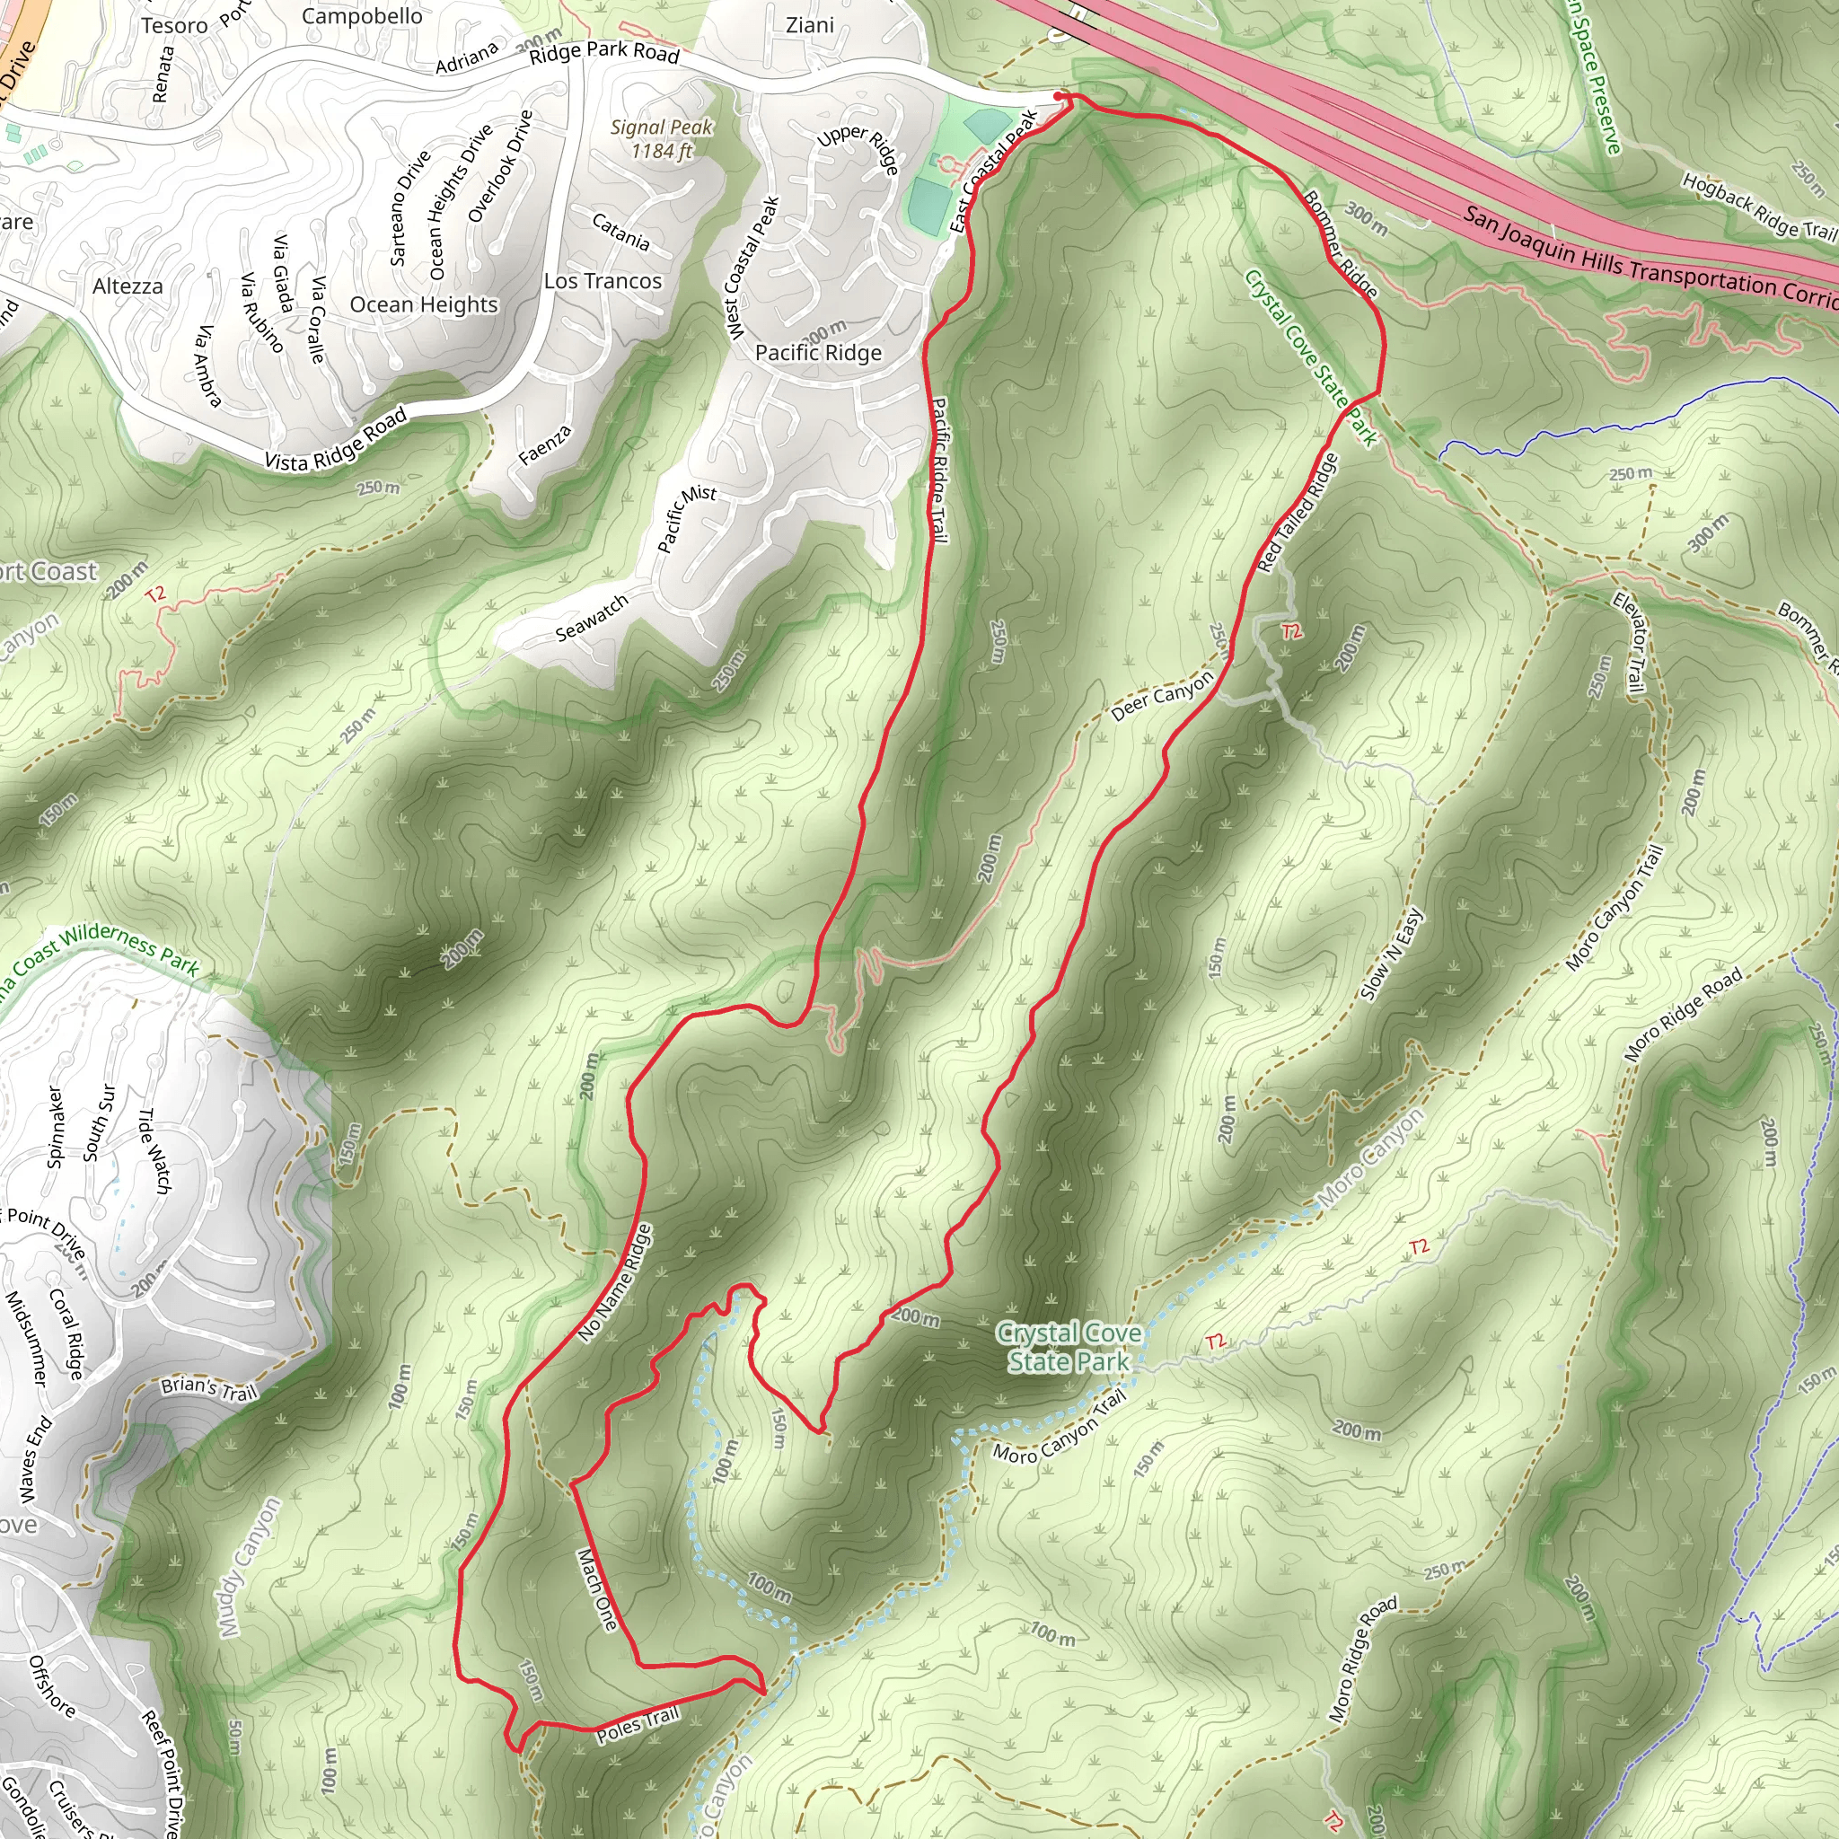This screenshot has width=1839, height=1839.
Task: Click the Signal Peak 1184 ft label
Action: (661, 139)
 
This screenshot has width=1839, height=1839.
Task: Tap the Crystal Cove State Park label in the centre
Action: (1069, 1347)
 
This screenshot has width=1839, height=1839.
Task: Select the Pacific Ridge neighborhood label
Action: (818, 353)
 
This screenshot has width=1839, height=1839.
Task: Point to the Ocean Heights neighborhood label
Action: (424, 304)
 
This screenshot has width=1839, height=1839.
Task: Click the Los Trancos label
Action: (603, 281)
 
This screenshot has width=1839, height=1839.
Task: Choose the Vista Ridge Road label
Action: (336, 439)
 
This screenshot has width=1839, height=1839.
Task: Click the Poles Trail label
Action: (638, 1725)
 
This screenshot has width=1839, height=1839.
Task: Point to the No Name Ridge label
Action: (615, 1283)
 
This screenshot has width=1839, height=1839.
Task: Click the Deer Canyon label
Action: (1162, 695)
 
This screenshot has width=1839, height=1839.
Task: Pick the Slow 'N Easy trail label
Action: (1392, 954)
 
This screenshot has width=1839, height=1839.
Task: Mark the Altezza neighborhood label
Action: (128, 286)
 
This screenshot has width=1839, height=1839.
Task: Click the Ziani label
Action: (810, 26)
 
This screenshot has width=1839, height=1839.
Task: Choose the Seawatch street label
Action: (592, 618)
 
